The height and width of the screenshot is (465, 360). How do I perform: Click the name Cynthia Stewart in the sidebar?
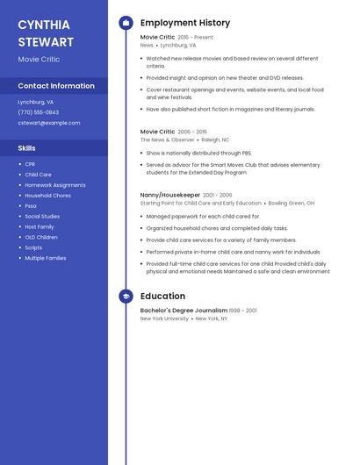pos(46,32)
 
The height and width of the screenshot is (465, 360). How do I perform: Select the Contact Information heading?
pos(56,86)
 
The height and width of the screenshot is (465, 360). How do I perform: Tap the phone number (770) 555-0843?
pos(39,112)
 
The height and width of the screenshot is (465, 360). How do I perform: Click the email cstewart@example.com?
pos(49,123)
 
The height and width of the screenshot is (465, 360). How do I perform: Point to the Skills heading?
pos(27,148)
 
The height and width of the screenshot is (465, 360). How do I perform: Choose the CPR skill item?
pos(30,164)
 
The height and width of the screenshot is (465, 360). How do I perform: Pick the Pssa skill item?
pos(31,206)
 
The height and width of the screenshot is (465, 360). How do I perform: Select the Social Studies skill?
pos(42,217)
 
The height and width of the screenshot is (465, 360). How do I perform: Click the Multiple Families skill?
pos(46,258)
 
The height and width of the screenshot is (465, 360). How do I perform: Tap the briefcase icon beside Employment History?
pos(126,23)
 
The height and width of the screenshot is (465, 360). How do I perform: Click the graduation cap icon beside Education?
pos(126,297)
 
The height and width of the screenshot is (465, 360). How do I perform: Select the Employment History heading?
pos(185,23)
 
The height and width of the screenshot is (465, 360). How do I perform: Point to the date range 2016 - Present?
pos(195,38)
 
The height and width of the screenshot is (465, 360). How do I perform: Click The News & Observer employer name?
pos(168,139)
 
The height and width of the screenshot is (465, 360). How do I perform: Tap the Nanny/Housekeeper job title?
pos(170,195)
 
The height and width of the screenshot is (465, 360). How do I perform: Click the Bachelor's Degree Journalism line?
pos(184,311)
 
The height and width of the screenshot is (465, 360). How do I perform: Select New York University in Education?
pos(164,318)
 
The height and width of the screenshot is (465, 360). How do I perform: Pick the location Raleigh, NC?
pos(215,139)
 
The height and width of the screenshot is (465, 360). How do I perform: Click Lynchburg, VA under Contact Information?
pos(35,102)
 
